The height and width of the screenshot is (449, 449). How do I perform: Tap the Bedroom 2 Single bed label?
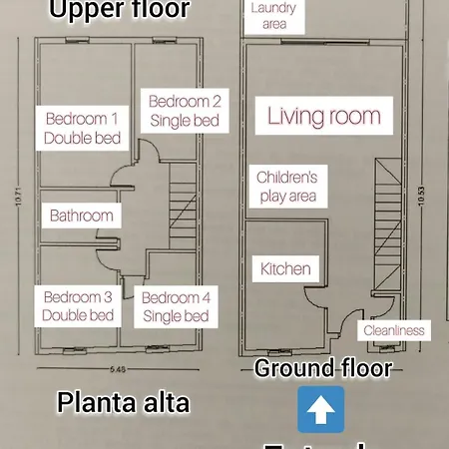[185, 110]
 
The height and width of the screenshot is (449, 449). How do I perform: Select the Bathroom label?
[81, 216]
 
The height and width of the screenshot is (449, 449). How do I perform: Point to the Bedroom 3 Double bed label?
[79, 306]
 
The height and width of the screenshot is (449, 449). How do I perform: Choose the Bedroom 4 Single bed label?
[176, 306]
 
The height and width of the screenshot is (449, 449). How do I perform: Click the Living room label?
[323, 116]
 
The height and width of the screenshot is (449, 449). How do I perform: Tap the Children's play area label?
[286, 187]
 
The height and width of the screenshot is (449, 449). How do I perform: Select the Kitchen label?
[285, 269]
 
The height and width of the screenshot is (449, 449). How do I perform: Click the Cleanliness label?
[393, 330]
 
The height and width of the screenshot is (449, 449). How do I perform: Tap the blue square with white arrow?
[321, 409]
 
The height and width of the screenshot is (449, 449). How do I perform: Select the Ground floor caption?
[322, 367]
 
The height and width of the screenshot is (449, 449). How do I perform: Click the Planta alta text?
[123, 403]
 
